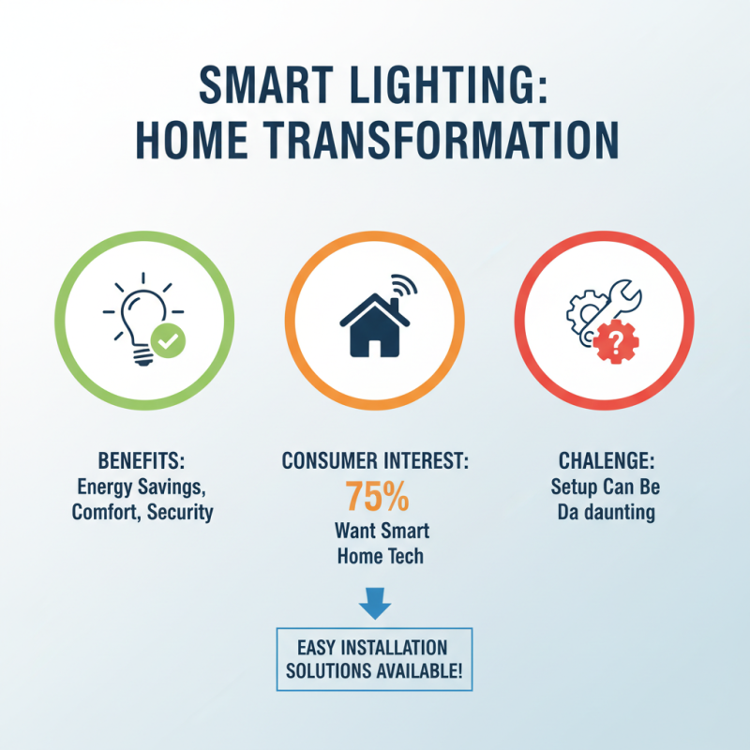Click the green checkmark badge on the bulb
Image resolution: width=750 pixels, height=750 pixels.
pos(169,344)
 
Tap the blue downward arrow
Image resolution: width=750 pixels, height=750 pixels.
pos(374,604)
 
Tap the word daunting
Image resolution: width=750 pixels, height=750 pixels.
pos(625,513)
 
